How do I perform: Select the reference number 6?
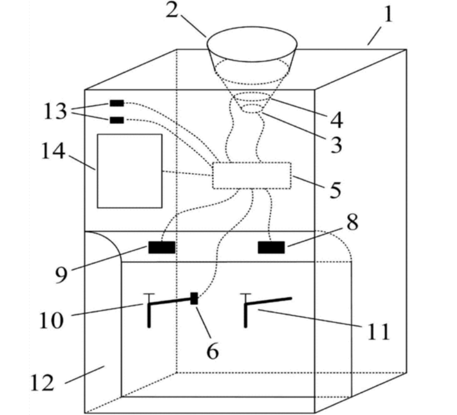(x=211, y=352)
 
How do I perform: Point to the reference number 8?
(x=353, y=223)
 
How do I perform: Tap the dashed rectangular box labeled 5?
(x=251, y=175)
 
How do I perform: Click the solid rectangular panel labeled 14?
(x=129, y=171)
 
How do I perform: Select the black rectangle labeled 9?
(x=162, y=247)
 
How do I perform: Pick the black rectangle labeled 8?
(x=271, y=248)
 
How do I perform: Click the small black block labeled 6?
(x=194, y=299)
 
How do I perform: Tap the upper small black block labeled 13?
(x=116, y=103)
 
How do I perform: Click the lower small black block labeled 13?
(x=116, y=120)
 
